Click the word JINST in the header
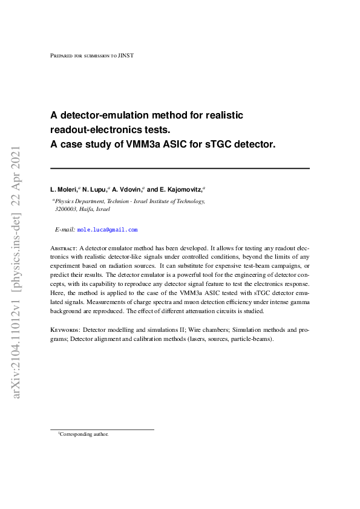126,56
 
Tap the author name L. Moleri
63,190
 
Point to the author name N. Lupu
93,190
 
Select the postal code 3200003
67,209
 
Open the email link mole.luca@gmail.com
108,230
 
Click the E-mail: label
65,230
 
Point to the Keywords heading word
64,330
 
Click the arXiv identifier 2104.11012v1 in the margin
16,347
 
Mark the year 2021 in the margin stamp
16,159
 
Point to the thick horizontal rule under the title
180,168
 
